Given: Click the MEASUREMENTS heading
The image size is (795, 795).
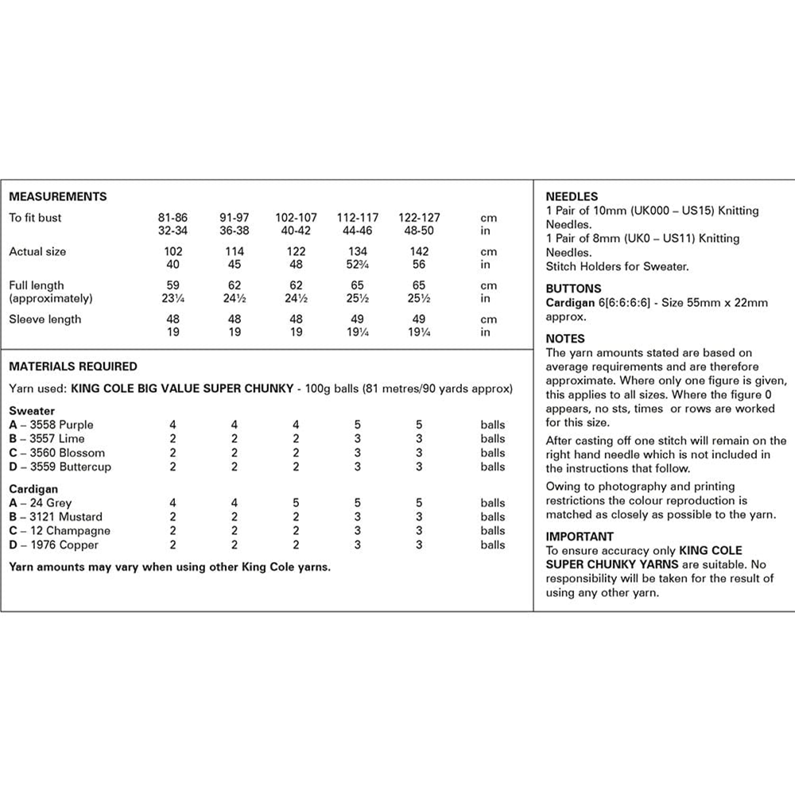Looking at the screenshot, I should tap(57, 196).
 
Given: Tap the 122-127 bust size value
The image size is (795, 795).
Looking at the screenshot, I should tap(419, 217).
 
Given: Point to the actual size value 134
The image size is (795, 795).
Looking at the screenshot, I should tap(358, 251).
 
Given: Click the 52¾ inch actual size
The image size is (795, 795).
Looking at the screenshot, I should tap(358, 265).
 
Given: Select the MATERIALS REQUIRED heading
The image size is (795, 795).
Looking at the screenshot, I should tap(72, 366).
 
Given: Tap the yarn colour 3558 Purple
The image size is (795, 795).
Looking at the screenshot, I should tap(57, 425).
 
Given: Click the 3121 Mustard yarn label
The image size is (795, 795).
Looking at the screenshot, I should tap(59, 517).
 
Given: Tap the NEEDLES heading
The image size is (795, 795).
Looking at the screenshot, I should tap(572, 196).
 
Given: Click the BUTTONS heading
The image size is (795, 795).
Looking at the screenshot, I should tap(573, 289).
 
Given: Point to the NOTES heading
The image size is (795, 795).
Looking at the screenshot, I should tap(565, 339).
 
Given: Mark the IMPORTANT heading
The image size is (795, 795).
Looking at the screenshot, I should tap(580, 537).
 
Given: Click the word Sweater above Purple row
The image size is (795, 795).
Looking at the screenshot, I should tap(32, 411).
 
